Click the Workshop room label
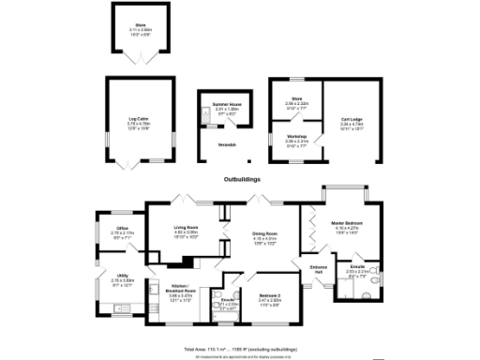tap(296, 138)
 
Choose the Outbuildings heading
tap(241, 178)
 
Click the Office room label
tap(122, 230)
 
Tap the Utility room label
tap(122, 277)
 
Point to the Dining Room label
tap(264, 234)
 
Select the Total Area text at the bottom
tap(240, 347)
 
